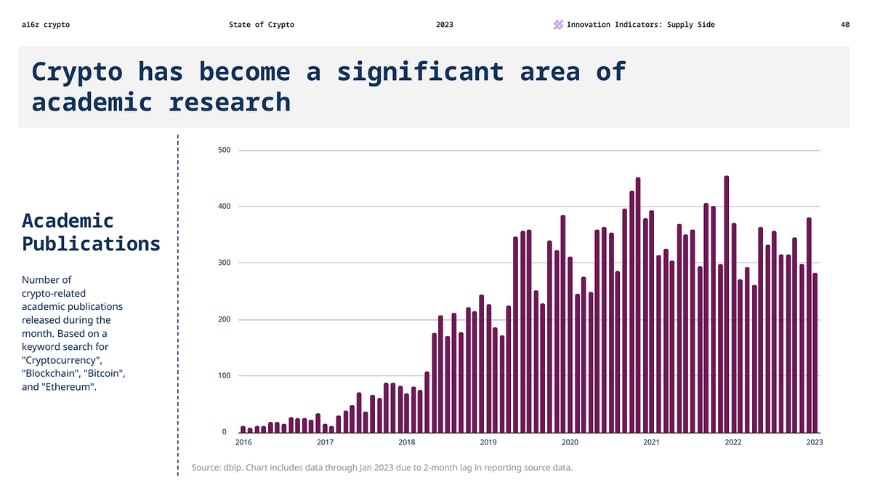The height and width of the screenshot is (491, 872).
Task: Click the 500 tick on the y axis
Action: point(225,151)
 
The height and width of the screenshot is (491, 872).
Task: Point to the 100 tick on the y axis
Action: point(225,376)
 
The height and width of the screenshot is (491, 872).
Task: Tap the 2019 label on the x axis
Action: point(488,442)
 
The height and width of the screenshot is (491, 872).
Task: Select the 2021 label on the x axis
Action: point(651,442)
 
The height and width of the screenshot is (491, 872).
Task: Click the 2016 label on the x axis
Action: point(243,442)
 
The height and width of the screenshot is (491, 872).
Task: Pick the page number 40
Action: point(845,25)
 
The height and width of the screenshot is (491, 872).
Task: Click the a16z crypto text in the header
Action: point(46,25)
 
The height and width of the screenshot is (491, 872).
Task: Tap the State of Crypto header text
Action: point(262,25)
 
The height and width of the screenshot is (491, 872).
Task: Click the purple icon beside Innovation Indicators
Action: point(558,25)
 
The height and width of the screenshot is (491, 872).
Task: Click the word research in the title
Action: point(230,102)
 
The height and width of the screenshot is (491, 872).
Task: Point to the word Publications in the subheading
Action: point(91,244)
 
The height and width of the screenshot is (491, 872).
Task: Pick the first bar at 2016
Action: point(243,429)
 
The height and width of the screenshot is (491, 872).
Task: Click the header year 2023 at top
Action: point(445,25)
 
